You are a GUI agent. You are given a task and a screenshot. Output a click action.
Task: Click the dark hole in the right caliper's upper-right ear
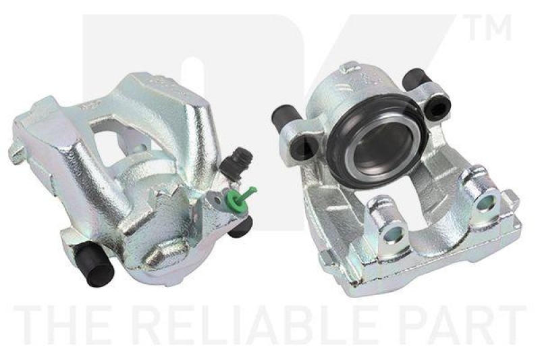coord(439,103)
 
